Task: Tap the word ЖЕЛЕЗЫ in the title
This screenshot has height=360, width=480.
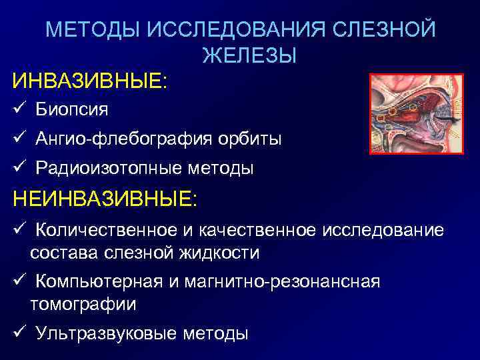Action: point(249,56)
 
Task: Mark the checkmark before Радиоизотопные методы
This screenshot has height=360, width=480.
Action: point(19,168)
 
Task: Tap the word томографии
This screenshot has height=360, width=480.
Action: point(83,305)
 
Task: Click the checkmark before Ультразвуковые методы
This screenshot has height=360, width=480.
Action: point(19,333)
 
